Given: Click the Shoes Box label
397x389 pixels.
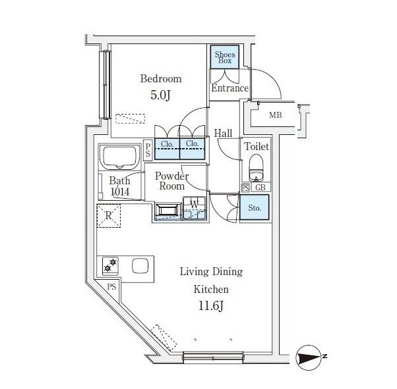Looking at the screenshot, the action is (x=225, y=57).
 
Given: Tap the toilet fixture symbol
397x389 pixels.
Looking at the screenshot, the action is (x=257, y=168).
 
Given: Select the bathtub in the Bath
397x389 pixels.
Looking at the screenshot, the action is (x=120, y=157).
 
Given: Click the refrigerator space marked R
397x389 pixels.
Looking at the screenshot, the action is (x=109, y=216).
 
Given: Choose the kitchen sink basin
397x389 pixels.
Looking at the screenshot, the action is (x=140, y=266).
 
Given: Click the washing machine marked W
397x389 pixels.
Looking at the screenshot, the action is (x=195, y=208).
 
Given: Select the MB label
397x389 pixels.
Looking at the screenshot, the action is (x=276, y=115).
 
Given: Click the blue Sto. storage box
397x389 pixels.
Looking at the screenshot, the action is (x=254, y=208).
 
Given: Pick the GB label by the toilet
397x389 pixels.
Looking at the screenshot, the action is (x=260, y=188).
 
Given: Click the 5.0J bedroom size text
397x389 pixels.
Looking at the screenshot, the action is (x=160, y=95).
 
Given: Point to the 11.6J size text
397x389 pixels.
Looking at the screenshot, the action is (x=210, y=306).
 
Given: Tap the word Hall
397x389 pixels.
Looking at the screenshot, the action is (x=223, y=133).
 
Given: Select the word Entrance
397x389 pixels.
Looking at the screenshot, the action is (x=230, y=88).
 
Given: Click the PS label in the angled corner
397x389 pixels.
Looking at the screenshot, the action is (x=111, y=286).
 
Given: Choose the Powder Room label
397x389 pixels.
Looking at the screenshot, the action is (x=172, y=181).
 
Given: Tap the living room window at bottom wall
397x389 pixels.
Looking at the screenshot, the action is (x=213, y=357).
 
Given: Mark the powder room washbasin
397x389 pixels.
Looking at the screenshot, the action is (x=167, y=211).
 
